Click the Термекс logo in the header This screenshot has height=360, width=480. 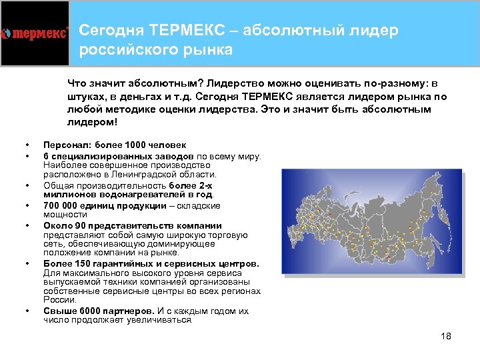pyautogui.click(x=35, y=33)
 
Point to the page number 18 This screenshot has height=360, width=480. pyautogui.click(x=446, y=336)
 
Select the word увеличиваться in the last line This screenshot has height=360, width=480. pyautogui.click(x=165, y=319)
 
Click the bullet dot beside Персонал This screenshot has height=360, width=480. pyautogui.click(x=27, y=145)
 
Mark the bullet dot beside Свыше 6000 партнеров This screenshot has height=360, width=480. pyautogui.click(x=27, y=311)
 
